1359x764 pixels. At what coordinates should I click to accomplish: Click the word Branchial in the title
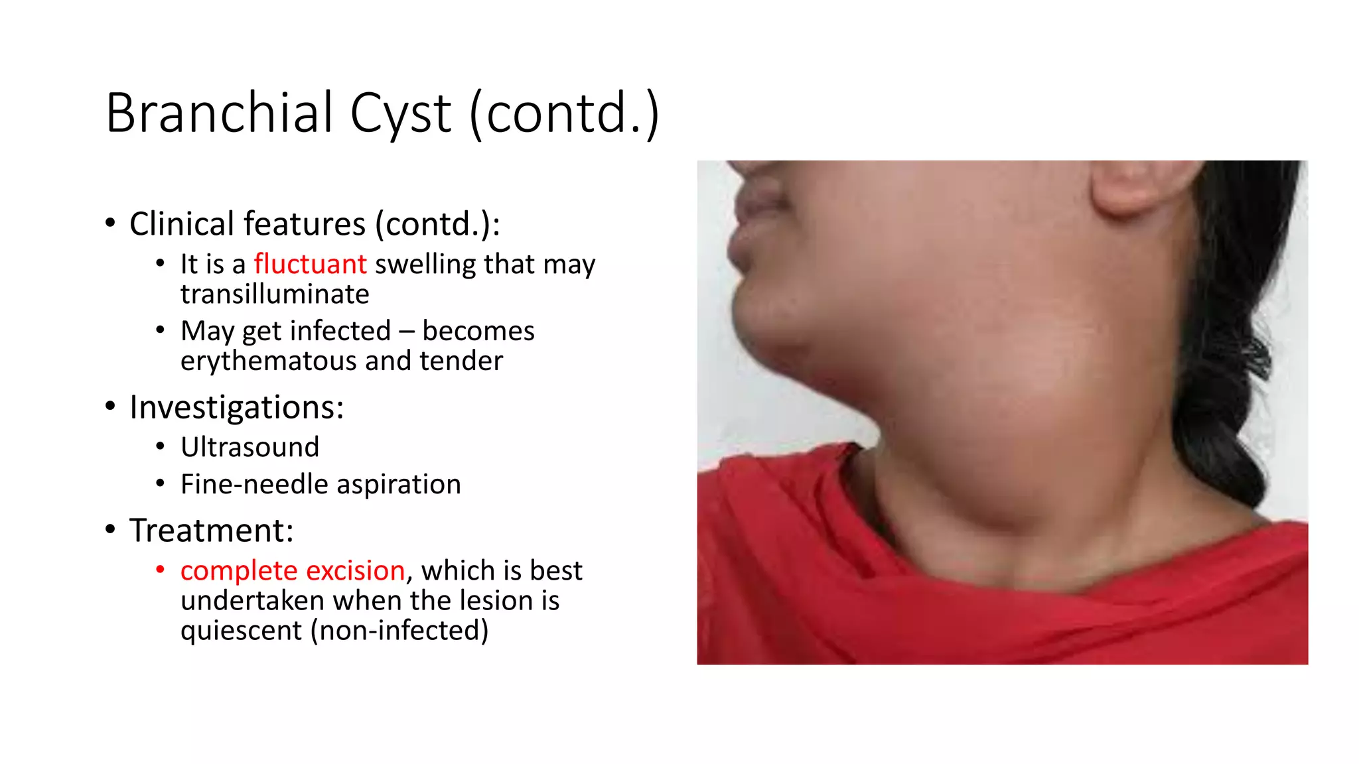click(219, 113)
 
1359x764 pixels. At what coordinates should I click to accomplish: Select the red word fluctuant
click(310, 264)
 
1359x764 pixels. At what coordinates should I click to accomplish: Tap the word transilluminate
click(275, 294)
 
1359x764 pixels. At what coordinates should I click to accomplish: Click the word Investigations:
click(236, 407)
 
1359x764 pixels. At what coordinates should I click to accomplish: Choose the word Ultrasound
click(250, 447)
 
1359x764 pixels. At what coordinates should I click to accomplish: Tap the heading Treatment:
click(211, 531)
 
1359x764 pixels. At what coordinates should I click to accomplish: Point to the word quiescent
click(241, 631)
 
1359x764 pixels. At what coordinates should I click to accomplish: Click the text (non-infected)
click(399, 630)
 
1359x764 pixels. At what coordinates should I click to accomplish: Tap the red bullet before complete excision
click(160, 570)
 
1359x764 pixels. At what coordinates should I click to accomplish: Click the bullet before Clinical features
click(111, 223)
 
